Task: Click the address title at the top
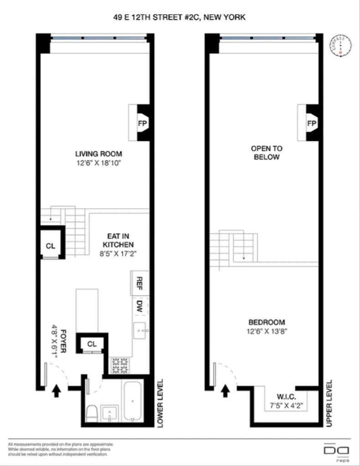tap(180, 17)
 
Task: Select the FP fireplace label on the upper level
tap(311, 123)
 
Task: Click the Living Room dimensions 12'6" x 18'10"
tap(98, 163)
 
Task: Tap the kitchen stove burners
tap(120, 365)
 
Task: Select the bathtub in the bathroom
tap(132, 401)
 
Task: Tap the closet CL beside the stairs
tap(50, 246)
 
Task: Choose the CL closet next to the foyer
tap(92, 344)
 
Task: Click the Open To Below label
tap(267, 153)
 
